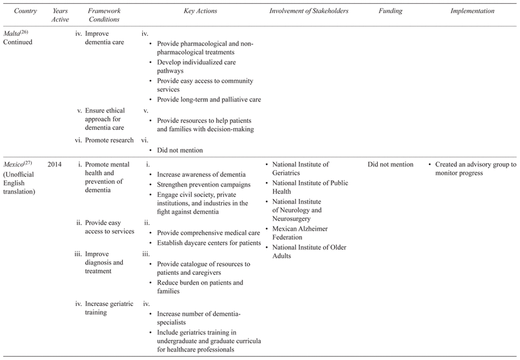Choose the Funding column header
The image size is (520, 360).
point(389,11)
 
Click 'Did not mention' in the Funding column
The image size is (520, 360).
point(390,165)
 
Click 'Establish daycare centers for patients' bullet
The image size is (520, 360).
point(205,242)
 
